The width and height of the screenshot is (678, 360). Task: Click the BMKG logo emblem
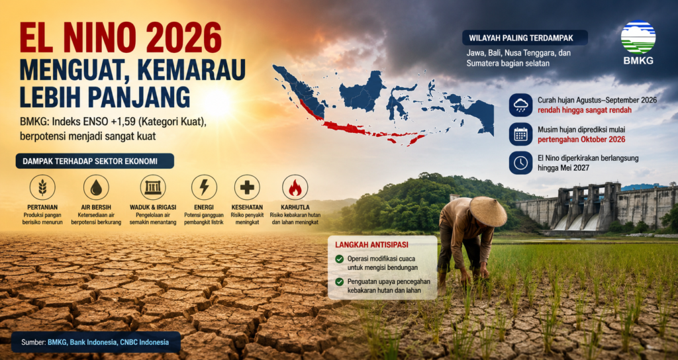638,37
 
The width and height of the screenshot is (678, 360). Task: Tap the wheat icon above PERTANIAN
42,187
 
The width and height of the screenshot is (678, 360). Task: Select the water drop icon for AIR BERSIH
96,187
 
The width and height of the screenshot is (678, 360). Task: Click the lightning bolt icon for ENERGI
204,187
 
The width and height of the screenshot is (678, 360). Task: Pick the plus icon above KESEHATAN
247,187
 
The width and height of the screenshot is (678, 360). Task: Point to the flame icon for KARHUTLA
295,187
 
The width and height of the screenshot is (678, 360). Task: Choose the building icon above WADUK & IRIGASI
153,187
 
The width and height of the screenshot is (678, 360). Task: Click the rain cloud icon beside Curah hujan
520,105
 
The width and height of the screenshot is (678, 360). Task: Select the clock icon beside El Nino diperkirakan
520,163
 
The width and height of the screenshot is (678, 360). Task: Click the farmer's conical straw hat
488,211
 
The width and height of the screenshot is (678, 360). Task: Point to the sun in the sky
217,103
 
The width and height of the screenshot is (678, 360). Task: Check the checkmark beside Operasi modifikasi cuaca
340,259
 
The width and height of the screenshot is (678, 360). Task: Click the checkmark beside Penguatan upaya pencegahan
340,282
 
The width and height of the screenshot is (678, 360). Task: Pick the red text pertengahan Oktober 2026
581,140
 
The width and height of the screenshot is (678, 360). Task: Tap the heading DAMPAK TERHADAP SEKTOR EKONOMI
90,161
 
